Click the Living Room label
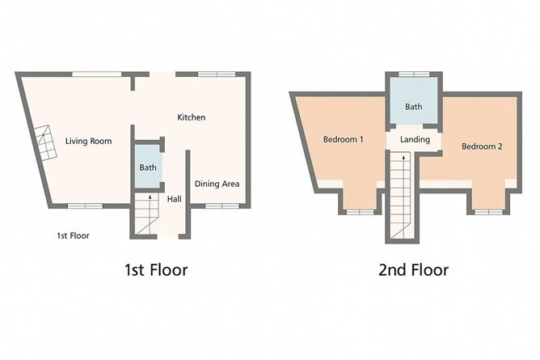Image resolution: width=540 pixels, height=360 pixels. (88, 141)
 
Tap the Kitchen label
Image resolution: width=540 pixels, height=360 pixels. (192, 117)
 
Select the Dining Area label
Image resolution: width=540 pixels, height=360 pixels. (217, 184)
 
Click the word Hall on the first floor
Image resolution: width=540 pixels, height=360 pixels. (174, 199)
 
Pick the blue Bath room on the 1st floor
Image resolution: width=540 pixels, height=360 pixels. (148, 167)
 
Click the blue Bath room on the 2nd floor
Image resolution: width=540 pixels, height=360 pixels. (414, 106)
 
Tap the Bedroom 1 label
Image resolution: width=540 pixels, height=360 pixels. (343, 140)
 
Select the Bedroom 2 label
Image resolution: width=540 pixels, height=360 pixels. (482, 146)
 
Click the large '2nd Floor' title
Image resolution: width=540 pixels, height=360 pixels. (413, 269)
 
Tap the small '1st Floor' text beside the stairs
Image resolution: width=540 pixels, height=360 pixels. (73, 235)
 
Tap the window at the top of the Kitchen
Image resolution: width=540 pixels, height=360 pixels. (216, 74)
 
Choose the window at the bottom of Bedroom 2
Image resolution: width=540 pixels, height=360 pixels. (487, 212)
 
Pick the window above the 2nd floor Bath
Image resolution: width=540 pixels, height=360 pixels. (414, 74)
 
